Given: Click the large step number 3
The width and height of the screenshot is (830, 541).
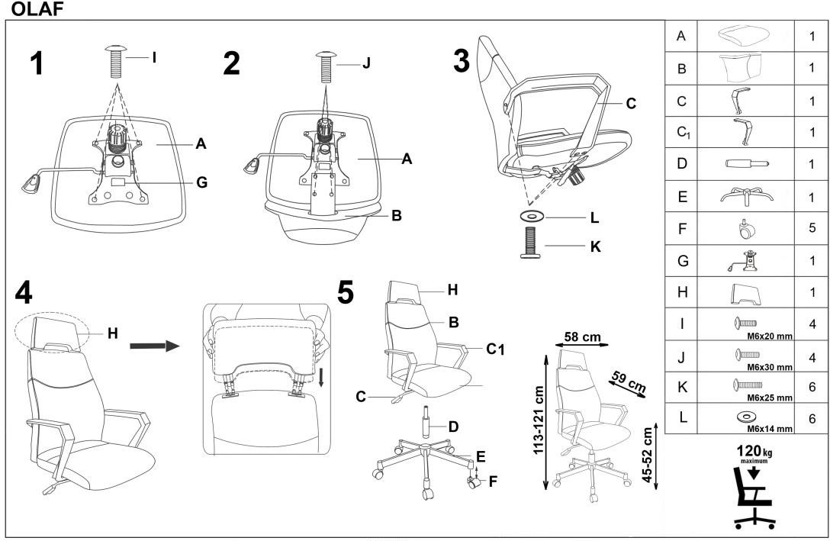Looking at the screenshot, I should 462,62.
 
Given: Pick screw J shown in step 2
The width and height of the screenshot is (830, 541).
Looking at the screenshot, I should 325,67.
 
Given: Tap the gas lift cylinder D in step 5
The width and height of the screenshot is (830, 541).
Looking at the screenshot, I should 425,423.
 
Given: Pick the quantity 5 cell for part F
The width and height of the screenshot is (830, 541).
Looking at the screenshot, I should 812,227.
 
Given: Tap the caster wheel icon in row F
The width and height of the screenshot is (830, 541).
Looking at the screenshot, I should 744,227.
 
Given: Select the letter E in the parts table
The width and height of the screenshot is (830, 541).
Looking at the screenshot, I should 682,195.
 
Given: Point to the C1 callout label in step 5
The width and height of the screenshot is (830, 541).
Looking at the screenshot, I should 496,349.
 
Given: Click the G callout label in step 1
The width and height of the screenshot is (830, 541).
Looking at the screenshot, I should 201,183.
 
